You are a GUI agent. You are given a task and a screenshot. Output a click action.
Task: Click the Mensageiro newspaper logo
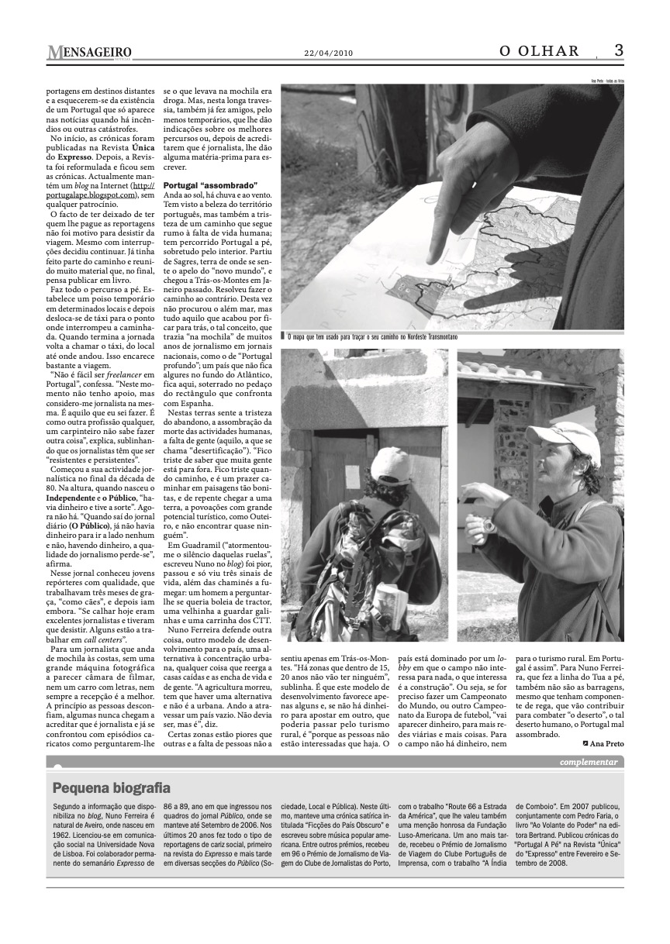point(88,53)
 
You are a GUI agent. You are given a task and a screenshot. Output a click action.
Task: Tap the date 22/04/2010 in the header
point(328,53)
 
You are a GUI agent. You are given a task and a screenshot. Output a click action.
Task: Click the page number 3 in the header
point(618,51)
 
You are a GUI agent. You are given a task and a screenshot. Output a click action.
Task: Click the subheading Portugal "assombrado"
point(199,186)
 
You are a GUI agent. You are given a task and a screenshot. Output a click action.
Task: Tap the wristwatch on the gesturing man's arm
point(489,525)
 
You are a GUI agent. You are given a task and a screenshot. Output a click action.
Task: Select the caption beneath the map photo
point(372,338)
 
